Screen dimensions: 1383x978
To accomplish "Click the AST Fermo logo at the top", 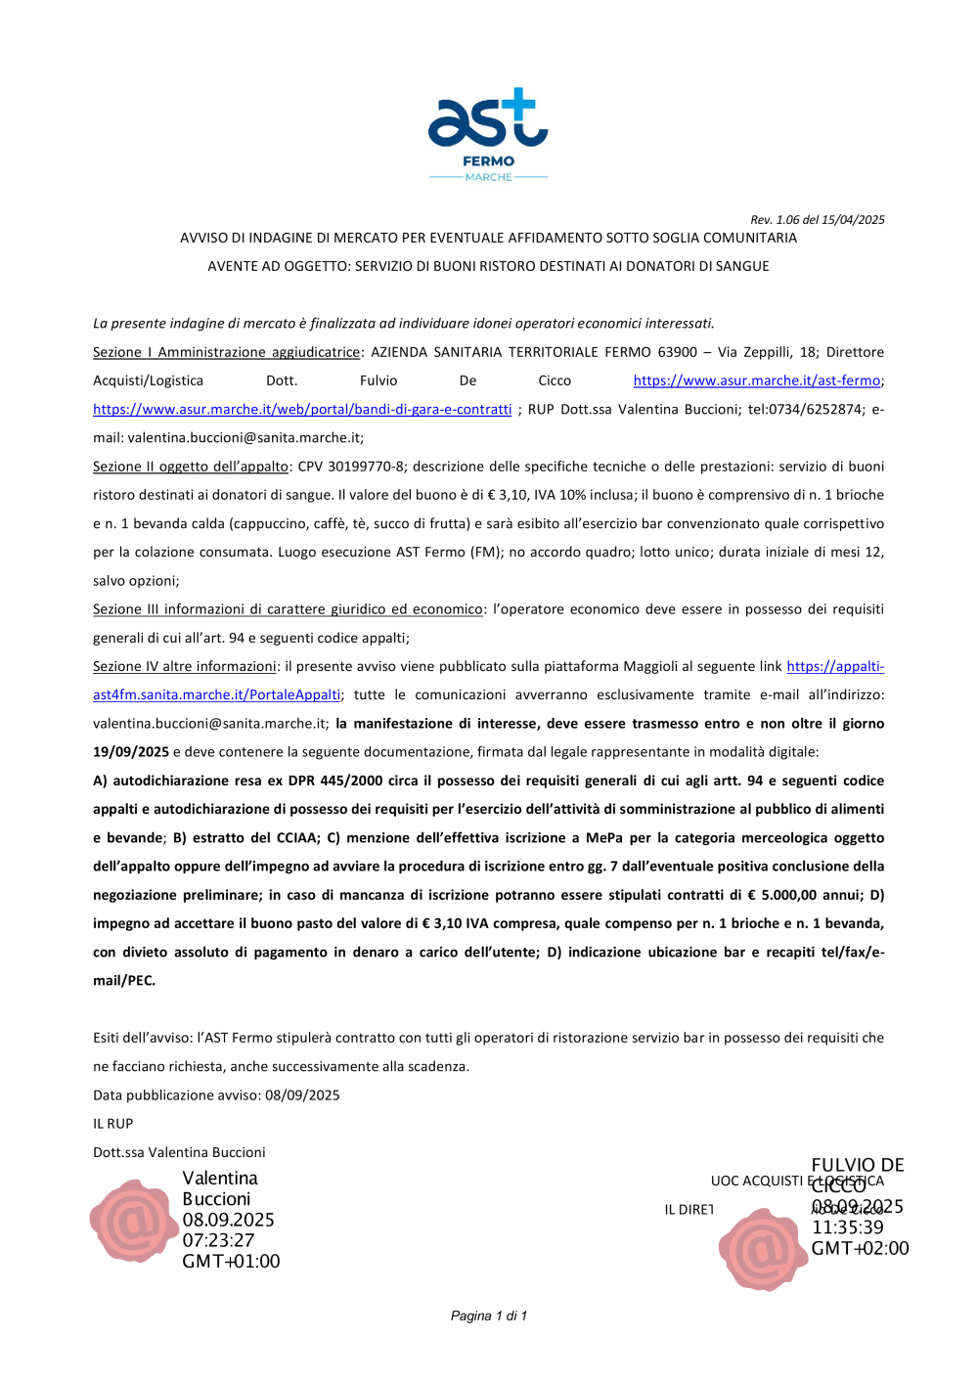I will (488, 134).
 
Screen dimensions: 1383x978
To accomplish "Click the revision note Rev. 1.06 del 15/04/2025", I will (817, 220).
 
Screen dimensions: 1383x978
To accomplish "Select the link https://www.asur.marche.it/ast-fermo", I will (757, 380).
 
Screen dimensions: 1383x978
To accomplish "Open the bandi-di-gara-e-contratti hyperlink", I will (302, 409).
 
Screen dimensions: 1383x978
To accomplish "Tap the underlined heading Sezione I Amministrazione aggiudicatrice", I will (226, 352).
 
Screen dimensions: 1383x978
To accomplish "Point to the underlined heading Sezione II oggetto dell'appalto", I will (191, 467).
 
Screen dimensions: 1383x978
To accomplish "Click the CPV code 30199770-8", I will (366, 467).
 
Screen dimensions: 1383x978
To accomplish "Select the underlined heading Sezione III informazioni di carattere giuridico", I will (288, 609).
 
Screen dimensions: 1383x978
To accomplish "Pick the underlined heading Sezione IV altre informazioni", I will (185, 666).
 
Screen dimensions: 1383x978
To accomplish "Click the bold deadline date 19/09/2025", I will (131, 752).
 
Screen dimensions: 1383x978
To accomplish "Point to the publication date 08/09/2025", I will (302, 1095).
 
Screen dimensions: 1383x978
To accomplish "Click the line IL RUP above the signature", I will (112, 1124).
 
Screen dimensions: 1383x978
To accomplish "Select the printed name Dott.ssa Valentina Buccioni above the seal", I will (179, 1152).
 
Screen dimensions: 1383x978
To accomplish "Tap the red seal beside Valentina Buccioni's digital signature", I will (133, 1221).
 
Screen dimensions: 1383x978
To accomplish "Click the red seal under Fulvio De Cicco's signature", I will (762, 1249).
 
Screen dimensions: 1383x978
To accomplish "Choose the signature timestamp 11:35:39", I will (847, 1227).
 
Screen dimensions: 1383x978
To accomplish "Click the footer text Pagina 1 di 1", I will (488, 1316).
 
